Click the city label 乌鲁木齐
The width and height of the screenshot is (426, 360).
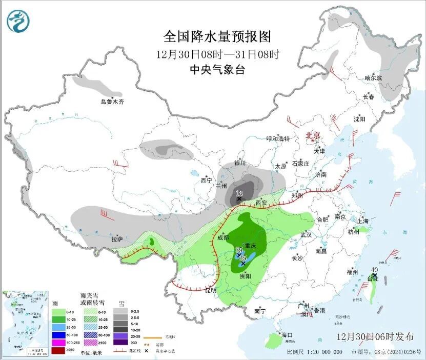(x=112, y=102)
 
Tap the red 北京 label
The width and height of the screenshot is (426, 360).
(x=313, y=135)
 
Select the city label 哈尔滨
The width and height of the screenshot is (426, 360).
(x=373, y=78)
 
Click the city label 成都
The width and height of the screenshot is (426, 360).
(x=224, y=237)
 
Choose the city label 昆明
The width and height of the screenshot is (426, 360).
(x=211, y=290)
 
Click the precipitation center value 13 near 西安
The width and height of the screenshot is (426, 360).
(x=238, y=193)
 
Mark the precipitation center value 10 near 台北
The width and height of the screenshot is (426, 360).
(x=375, y=270)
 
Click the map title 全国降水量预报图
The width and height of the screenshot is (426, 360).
(x=216, y=36)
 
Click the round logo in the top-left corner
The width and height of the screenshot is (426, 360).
(x=18, y=21)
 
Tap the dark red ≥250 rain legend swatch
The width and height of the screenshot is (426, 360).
(x=58, y=350)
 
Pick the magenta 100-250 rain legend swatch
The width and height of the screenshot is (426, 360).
(x=58, y=342)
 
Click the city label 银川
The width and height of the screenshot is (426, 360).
(x=240, y=163)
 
